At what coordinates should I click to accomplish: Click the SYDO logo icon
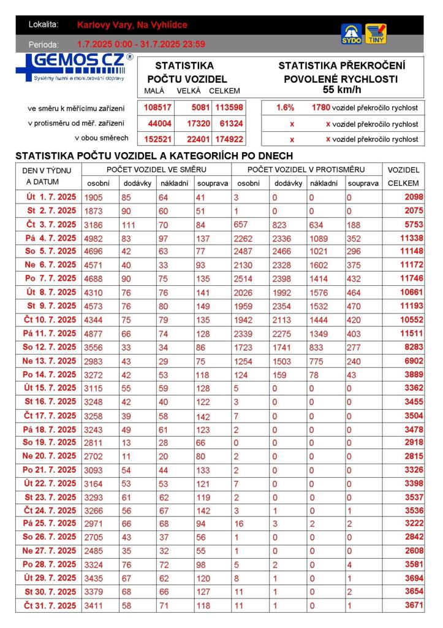pyautogui.click(x=351, y=34)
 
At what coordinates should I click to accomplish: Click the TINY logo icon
pyautogui.click(x=376, y=34)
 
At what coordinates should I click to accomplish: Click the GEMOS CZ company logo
pyautogui.click(x=74, y=67)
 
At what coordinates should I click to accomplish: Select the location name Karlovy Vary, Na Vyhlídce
pyautogui.click(x=132, y=25)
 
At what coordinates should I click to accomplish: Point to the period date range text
pyautogui.click(x=141, y=44)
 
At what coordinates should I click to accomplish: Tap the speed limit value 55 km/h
pyautogui.click(x=342, y=90)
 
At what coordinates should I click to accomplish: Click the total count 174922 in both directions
pyautogui.click(x=229, y=139)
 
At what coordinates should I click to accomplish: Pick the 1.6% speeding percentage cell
pyautogui.click(x=286, y=107)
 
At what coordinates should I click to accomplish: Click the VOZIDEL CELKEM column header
pyautogui.click(x=403, y=176)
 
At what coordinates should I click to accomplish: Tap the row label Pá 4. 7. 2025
pyautogui.click(x=51, y=238)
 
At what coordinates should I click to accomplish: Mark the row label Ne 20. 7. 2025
pyautogui.click(x=50, y=456)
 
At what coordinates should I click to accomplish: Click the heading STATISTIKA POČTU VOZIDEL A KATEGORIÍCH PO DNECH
pyautogui.click(x=154, y=156)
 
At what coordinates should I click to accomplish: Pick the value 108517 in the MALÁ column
pyautogui.click(x=157, y=107)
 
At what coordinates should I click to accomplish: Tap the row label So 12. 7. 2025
pyautogui.click(x=50, y=347)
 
